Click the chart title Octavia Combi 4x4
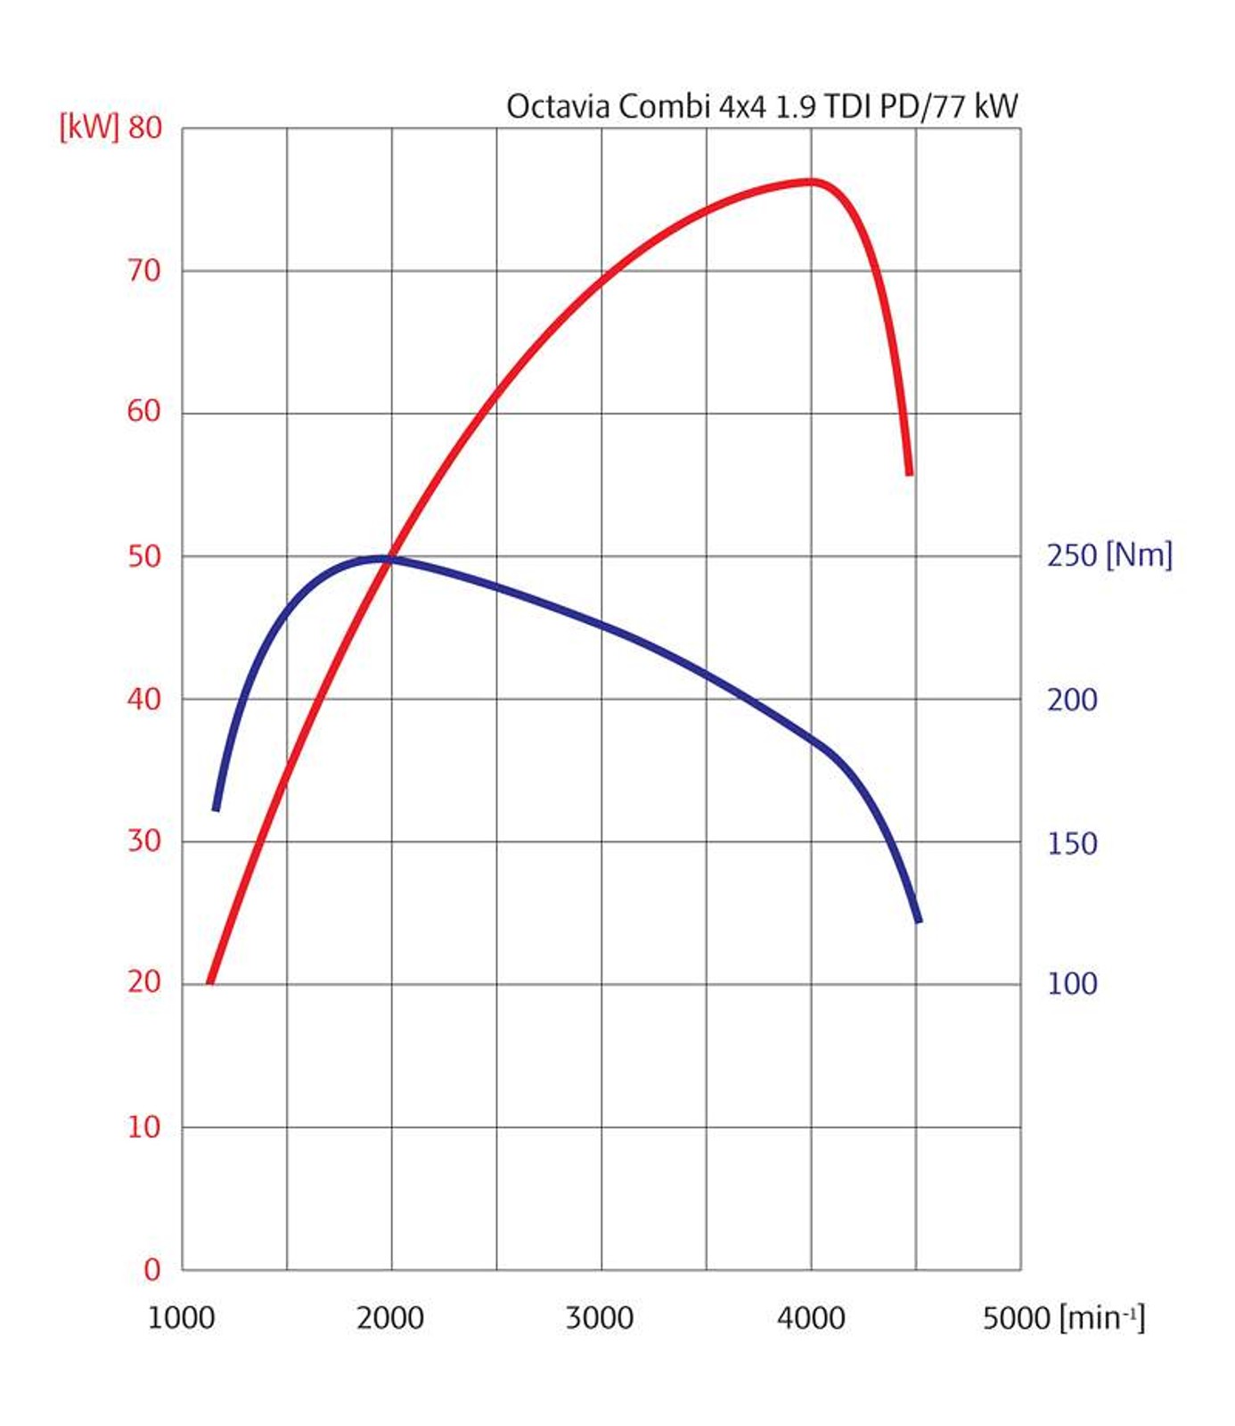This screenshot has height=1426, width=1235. [762, 106]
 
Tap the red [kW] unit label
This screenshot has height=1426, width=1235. [88, 127]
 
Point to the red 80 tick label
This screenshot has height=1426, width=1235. [144, 127]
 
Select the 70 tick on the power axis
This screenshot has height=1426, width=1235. [144, 270]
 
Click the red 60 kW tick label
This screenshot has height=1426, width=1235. [144, 411]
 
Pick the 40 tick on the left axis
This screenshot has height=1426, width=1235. [144, 699]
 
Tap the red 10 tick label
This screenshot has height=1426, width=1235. [144, 1127]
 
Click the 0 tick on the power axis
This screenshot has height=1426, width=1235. [152, 1269]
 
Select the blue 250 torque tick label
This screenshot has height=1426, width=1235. [1072, 555]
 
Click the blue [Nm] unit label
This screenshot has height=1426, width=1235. [1139, 555]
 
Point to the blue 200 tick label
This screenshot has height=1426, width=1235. [1072, 700]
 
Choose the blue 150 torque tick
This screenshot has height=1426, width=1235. [1072, 843]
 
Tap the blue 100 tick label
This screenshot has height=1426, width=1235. [1072, 983]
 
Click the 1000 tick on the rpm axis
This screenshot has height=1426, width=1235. [181, 1317]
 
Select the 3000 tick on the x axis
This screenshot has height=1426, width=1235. [600, 1317]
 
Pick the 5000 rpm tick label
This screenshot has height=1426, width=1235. [1017, 1317]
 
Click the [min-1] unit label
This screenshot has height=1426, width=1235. [1102, 1317]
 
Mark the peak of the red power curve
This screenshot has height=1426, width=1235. [811, 182]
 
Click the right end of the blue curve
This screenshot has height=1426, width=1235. [918, 920]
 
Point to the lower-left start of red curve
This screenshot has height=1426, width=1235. [210, 981]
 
